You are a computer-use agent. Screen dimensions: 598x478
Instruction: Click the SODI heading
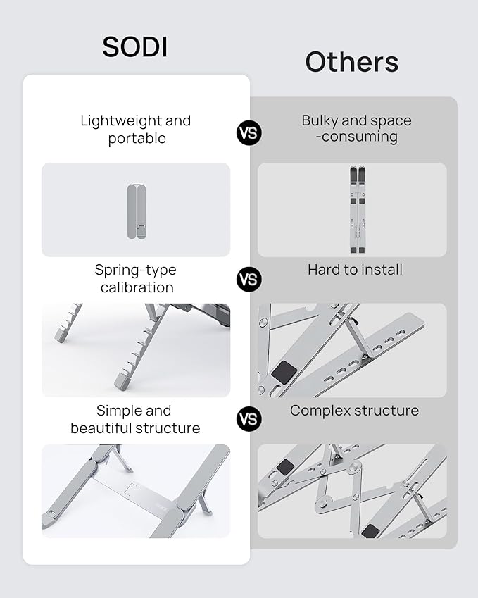(x=136, y=46)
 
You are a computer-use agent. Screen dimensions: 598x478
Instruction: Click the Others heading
(x=351, y=62)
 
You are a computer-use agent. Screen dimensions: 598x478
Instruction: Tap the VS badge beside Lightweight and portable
(x=249, y=132)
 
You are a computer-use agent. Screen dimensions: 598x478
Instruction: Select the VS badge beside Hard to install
(x=249, y=279)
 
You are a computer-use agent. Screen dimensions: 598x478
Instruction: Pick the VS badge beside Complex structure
(x=249, y=419)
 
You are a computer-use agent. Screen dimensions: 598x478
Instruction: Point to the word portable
(x=137, y=138)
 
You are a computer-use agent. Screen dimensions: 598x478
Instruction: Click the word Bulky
(x=321, y=120)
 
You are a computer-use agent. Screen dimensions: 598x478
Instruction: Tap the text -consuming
(x=356, y=137)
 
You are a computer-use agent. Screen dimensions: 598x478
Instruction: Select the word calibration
(x=137, y=287)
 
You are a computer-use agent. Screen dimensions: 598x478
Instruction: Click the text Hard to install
(x=355, y=270)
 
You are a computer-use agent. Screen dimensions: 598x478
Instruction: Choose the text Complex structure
(x=354, y=411)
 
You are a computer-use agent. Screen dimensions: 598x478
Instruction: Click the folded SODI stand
(x=137, y=211)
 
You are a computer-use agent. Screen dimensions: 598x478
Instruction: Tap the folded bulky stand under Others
(x=358, y=209)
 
